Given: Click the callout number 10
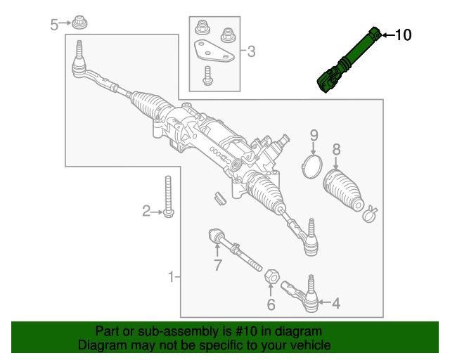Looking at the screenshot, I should point(404,34).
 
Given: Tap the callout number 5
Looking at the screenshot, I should point(54,25).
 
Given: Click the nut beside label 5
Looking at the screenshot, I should point(81,24).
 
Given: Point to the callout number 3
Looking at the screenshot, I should point(251,51).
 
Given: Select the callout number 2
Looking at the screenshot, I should point(146,210).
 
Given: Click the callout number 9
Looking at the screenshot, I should point(314,135).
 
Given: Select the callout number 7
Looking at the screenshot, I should point(217,265).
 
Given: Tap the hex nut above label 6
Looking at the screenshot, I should point(270,276).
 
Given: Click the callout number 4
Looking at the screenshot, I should point(335,304).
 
